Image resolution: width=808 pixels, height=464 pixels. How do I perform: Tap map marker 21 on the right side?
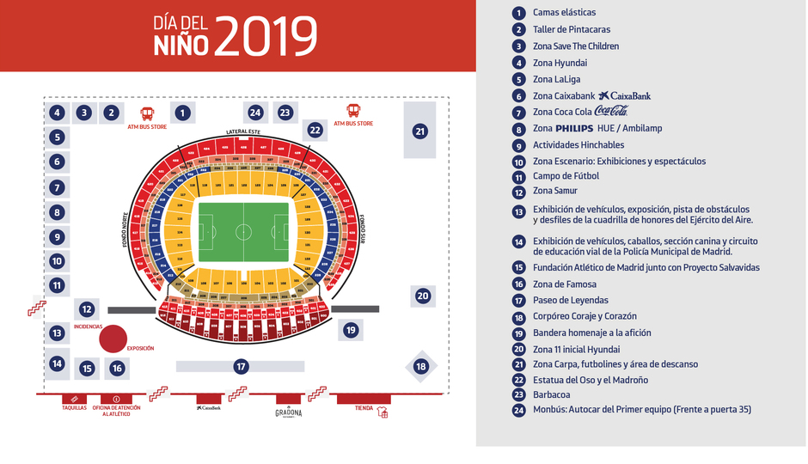[x=419, y=131]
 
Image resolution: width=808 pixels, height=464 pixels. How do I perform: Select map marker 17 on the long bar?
[x=241, y=367]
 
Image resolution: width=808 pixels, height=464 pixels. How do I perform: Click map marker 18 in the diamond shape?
[x=421, y=367]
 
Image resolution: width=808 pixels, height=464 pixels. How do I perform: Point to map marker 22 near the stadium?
[x=315, y=131]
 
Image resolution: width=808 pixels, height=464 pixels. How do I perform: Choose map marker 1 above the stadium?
[x=182, y=112]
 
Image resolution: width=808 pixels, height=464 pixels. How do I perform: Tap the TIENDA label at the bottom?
[x=364, y=407]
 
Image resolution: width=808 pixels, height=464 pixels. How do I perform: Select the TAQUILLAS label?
[x=75, y=407]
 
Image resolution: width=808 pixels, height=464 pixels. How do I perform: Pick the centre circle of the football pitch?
[x=243, y=232]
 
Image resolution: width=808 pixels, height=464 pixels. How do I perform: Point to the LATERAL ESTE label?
[x=243, y=131]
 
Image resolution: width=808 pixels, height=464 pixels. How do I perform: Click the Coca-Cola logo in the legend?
[x=611, y=112]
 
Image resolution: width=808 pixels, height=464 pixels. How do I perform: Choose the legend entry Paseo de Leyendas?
[x=570, y=300]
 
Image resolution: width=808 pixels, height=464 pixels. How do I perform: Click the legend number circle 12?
[x=518, y=191]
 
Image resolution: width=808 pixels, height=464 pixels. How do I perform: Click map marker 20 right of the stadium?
[x=422, y=296]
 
